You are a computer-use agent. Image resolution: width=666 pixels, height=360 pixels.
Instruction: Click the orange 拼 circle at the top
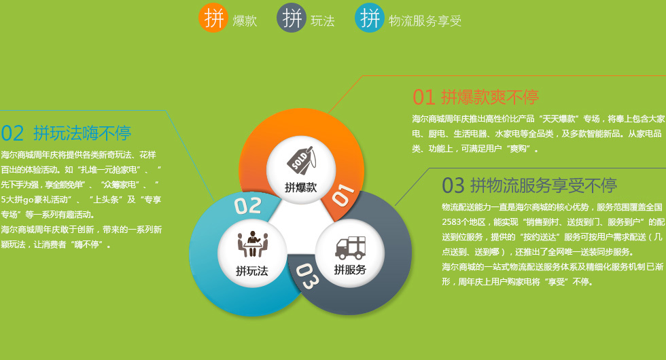point(213,18)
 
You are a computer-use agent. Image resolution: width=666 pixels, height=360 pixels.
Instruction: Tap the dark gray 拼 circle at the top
point(292,18)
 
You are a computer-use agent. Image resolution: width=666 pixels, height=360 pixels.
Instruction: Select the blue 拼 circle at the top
point(370,18)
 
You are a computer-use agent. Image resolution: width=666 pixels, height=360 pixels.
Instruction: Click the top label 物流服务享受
point(425,20)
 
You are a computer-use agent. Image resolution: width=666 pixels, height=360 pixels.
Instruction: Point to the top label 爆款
point(245,20)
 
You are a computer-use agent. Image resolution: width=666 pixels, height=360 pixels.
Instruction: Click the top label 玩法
point(323,20)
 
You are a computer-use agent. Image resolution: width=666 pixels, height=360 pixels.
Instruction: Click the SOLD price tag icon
point(301,160)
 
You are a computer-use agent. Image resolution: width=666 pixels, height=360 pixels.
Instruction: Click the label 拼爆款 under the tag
point(300,187)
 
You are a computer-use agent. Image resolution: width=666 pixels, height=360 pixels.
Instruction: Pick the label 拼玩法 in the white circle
point(252,271)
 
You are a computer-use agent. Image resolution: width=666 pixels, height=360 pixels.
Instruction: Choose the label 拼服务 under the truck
point(350,270)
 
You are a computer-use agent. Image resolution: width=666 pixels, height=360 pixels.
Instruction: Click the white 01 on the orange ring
point(343,195)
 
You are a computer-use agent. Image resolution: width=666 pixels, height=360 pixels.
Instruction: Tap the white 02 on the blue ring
point(247,206)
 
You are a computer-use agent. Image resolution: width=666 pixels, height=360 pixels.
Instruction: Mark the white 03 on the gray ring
point(306,276)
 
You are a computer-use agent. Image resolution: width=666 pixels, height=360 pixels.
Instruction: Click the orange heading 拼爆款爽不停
point(490,97)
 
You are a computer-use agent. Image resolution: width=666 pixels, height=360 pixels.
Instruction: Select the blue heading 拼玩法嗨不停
point(82,133)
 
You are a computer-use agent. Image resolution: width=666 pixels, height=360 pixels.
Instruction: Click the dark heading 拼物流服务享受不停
point(544,185)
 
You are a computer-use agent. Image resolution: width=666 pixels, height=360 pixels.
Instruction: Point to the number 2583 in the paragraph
point(451,222)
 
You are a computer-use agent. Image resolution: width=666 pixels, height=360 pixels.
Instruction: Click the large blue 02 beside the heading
point(12,133)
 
